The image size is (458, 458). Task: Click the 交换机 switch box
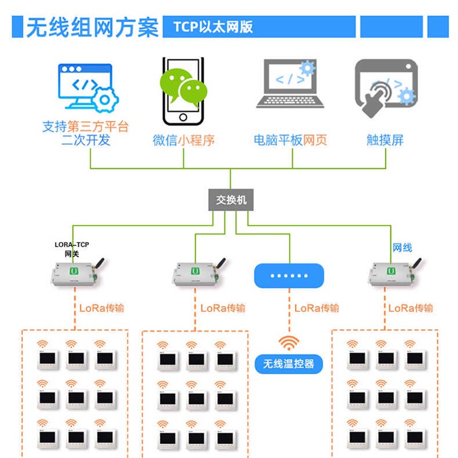point(231,200)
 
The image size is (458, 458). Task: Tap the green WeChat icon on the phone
point(183,86)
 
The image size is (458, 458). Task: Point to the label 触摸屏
point(385,140)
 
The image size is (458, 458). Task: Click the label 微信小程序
point(183,140)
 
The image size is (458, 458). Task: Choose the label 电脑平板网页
point(290,140)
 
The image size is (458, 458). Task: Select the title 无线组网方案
point(92,27)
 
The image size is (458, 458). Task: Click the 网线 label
point(402,247)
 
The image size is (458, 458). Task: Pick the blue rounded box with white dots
point(289,275)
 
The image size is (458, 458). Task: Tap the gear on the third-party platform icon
point(105,100)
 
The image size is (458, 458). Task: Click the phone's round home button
point(183,117)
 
